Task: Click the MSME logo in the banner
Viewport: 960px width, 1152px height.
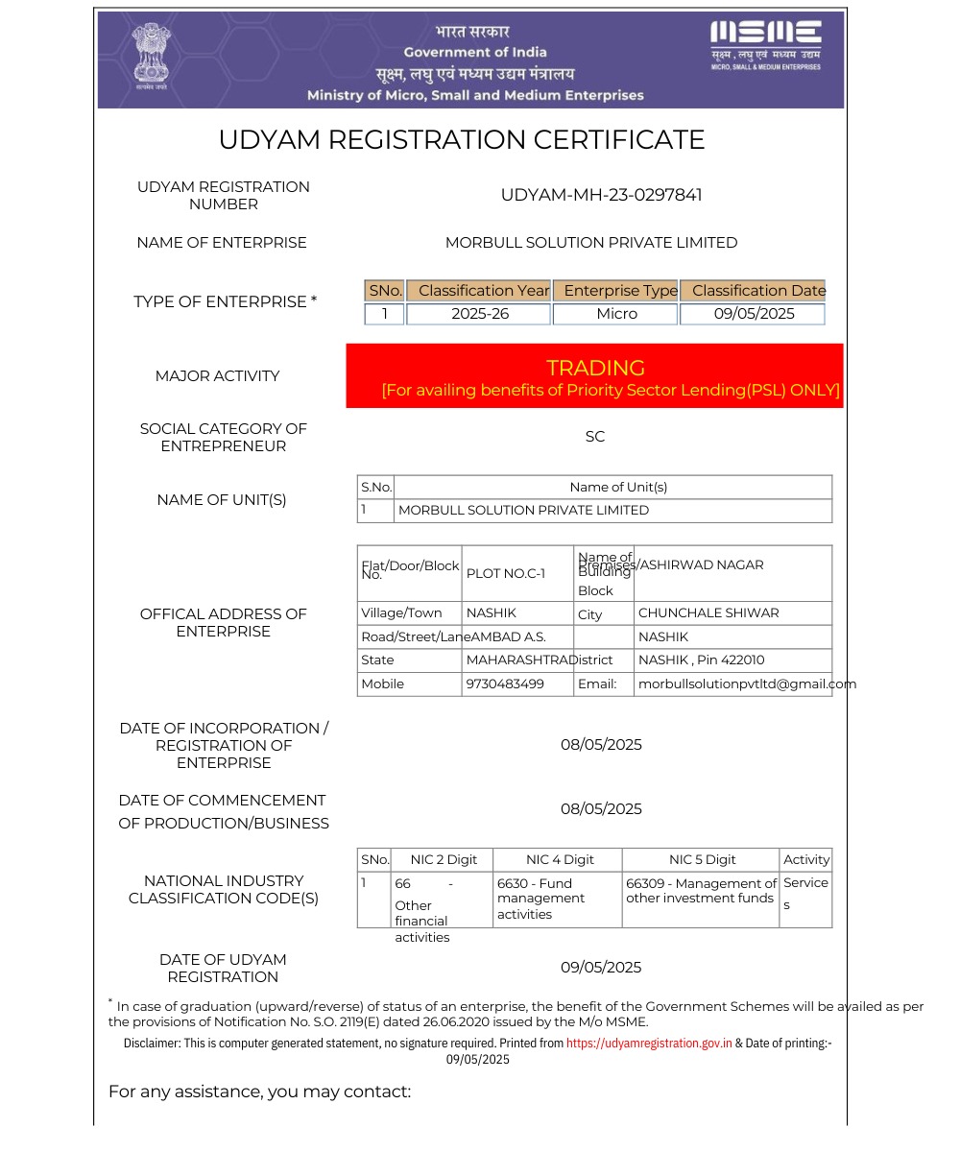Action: tap(765, 44)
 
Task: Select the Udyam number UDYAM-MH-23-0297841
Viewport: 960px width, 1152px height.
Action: tap(601, 195)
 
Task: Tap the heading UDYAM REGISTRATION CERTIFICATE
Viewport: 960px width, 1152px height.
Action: tap(462, 140)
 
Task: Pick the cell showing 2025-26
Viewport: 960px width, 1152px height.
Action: tap(479, 314)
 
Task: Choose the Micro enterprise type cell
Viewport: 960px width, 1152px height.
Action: tap(616, 314)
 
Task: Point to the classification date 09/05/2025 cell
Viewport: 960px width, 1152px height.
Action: tap(754, 314)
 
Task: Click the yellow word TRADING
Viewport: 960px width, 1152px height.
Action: tap(595, 368)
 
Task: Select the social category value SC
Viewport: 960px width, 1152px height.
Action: tap(595, 437)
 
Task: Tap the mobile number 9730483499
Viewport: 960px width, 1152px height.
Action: tap(505, 684)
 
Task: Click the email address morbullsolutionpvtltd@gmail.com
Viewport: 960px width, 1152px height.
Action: tap(747, 684)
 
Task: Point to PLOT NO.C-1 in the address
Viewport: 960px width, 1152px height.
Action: tap(506, 574)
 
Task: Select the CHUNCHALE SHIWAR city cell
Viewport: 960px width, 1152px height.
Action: tap(708, 612)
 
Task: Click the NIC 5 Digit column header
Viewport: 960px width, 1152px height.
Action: tap(702, 859)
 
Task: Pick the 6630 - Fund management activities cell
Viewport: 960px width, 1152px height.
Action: tap(541, 899)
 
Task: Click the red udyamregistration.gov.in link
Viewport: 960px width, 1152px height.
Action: tap(649, 1043)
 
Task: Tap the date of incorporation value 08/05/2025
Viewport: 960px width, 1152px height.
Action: tap(601, 745)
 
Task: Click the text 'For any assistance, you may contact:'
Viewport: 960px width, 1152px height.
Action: tap(259, 1092)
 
